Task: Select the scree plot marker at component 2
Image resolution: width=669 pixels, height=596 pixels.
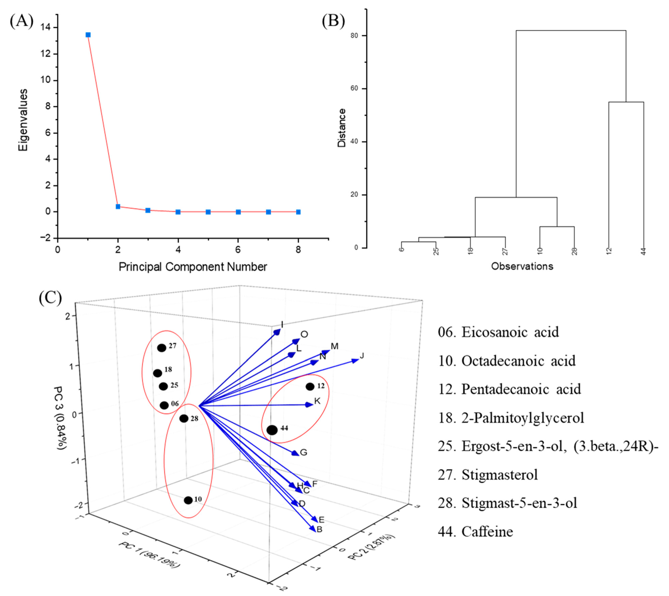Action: coord(118,207)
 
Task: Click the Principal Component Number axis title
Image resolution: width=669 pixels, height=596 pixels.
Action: coord(193,267)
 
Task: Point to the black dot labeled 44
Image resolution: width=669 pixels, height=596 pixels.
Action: coord(272,430)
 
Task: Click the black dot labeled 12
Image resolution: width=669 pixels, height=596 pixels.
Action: coord(310,386)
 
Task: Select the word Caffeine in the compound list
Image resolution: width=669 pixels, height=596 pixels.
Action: coord(487,531)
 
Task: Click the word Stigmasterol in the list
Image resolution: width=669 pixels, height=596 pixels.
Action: coord(499,474)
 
